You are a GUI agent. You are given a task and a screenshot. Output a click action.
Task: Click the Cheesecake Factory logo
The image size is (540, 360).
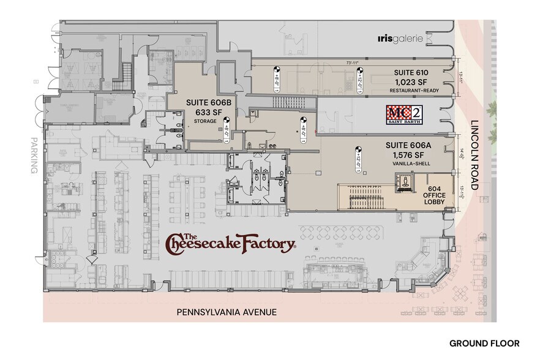point(231,243)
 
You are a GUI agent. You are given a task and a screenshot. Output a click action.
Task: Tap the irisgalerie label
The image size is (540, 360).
point(400,39)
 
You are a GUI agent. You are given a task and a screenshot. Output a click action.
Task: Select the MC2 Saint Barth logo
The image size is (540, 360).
point(404,115)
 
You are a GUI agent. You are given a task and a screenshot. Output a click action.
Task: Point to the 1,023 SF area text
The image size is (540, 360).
point(411,81)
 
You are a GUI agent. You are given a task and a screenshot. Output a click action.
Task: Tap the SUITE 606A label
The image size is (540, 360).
point(408,145)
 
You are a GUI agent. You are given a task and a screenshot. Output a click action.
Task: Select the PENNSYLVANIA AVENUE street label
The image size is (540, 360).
point(227,312)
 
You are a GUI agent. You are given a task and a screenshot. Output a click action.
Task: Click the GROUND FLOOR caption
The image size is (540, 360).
point(484,343)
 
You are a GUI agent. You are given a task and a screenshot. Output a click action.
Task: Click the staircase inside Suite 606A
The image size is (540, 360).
point(364,197)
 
